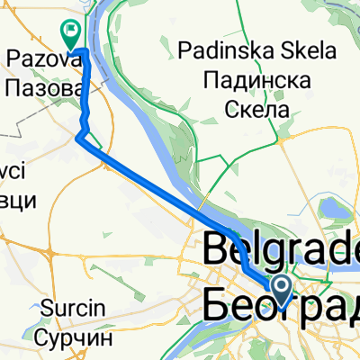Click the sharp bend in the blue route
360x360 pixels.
click(79, 137)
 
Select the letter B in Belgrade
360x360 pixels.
click(220, 251)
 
